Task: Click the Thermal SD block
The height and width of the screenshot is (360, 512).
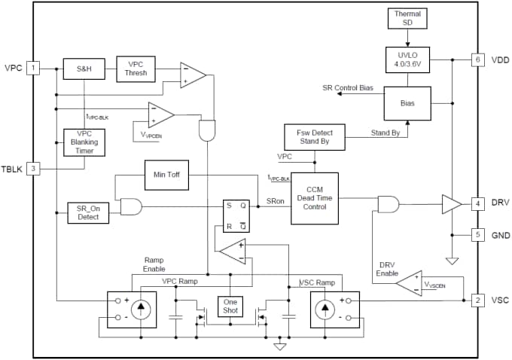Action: pos(408,18)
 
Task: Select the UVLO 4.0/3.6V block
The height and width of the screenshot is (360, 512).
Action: pos(408,59)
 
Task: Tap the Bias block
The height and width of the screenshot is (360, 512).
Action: pos(408,102)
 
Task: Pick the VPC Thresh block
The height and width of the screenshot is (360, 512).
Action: pos(136,69)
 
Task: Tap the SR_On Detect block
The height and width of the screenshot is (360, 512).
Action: pos(88,212)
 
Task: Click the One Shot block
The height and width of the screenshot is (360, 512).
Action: pos(230,307)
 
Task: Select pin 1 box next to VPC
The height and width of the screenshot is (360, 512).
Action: pos(33,69)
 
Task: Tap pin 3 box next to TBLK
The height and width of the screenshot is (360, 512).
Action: pos(33,168)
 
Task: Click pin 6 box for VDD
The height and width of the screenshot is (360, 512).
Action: pos(477,59)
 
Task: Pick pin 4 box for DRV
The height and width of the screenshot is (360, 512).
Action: pos(477,203)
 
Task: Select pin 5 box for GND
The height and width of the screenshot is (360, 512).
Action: pos(477,235)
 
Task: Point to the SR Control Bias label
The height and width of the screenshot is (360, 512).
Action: pos(348,88)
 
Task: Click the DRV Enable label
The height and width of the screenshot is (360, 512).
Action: pos(387,269)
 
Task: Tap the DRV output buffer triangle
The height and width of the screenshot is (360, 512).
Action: pos(451,203)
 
